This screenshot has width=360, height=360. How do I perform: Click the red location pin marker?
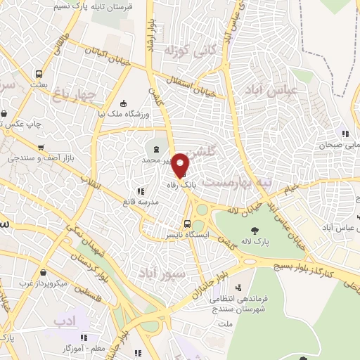pyautogui.click(x=181, y=165)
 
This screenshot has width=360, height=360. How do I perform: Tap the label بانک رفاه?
pyautogui.click(x=180, y=186)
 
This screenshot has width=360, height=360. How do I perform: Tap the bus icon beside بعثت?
pyautogui.click(x=39, y=74)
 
